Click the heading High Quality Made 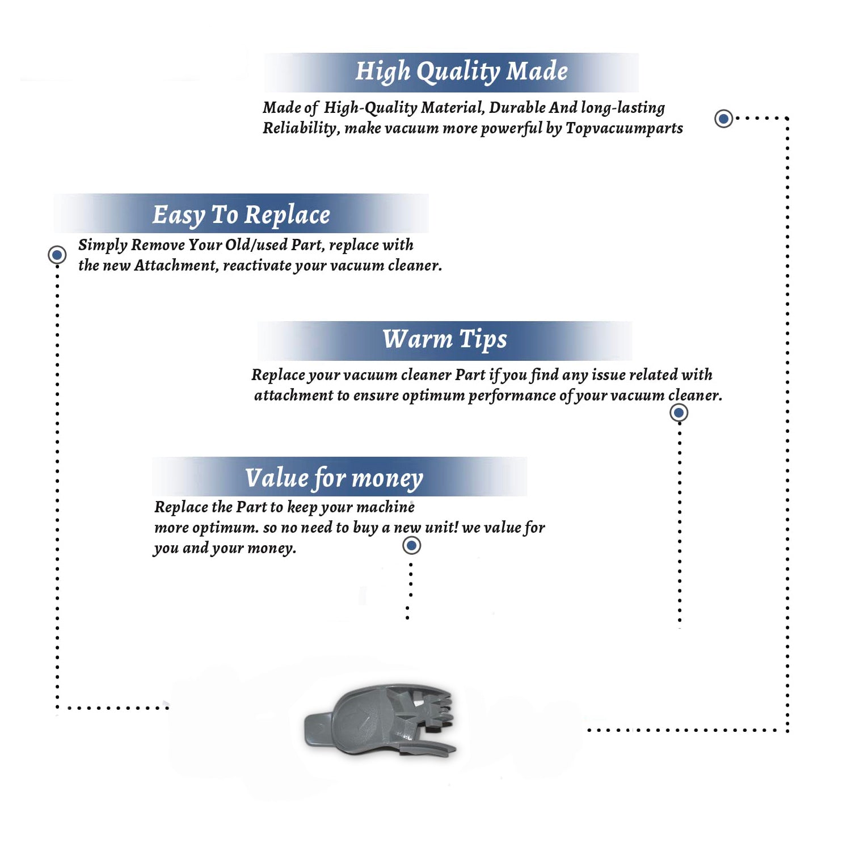click(461, 72)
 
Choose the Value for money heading click(334, 478)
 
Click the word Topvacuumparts click(624, 129)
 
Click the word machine click(386, 507)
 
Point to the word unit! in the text click(441, 527)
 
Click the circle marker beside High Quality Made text click(723, 119)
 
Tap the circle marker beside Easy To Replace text click(57, 255)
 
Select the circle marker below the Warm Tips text click(679, 413)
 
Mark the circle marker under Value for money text click(411, 546)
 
